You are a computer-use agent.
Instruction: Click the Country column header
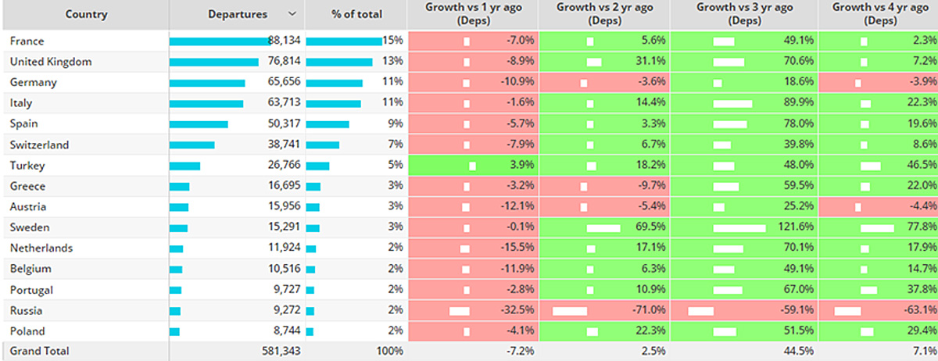pyautogui.click(x=86, y=14)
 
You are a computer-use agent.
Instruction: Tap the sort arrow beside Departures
pyautogui.click(x=292, y=14)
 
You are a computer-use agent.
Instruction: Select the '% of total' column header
pyautogui.click(x=356, y=14)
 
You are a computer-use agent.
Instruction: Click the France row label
pyautogui.click(x=27, y=41)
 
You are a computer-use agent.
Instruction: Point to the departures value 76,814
pyautogui.click(x=284, y=61)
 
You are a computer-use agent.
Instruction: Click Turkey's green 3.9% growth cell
pyautogui.click(x=473, y=165)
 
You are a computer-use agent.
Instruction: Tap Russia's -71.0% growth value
pyautogui.click(x=649, y=310)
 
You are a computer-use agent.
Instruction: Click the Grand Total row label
pyautogui.click(x=39, y=351)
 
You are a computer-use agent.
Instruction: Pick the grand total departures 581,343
pyautogui.click(x=281, y=351)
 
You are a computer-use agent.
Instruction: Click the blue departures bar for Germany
pyautogui.click(x=207, y=83)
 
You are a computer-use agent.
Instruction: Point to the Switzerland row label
pyautogui.click(x=39, y=145)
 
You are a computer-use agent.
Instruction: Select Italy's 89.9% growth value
pyautogui.click(x=799, y=102)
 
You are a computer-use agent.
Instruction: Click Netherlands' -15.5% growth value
pyautogui.click(x=517, y=247)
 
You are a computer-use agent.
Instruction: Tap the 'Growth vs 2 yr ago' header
pyautogui.click(x=605, y=14)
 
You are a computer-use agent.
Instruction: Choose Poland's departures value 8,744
pyautogui.click(x=287, y=331)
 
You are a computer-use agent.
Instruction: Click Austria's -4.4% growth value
pyautogui.click(x=923, y=206)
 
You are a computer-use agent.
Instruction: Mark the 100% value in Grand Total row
pyautogui.click(x=389, y=351)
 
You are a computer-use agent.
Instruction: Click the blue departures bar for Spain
pyautogui.click(x=199, y=124)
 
